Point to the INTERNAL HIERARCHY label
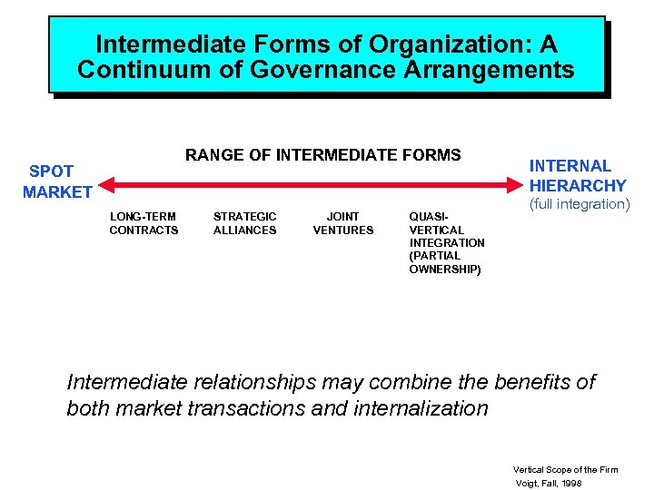pyautogui.click(x=578, y=176)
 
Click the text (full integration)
pyautogui.click(x=579, y=204)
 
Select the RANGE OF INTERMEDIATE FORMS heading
pyautogui.click(x=322, y=155)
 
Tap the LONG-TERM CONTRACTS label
pyautogui.click(x=144, y=223)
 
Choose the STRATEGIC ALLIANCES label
pyautogui.click(x=244, y=223)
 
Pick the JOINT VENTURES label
pyautogui.click(x=342, y=223)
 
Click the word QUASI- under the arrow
pyautogui.click(x=429, y=217)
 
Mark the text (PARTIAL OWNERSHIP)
pyautogui.click(x=445, y=263)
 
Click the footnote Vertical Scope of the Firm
pyautogui.click(x=565, y=469)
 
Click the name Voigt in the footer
pyautogui.click(x=528, y=484)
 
